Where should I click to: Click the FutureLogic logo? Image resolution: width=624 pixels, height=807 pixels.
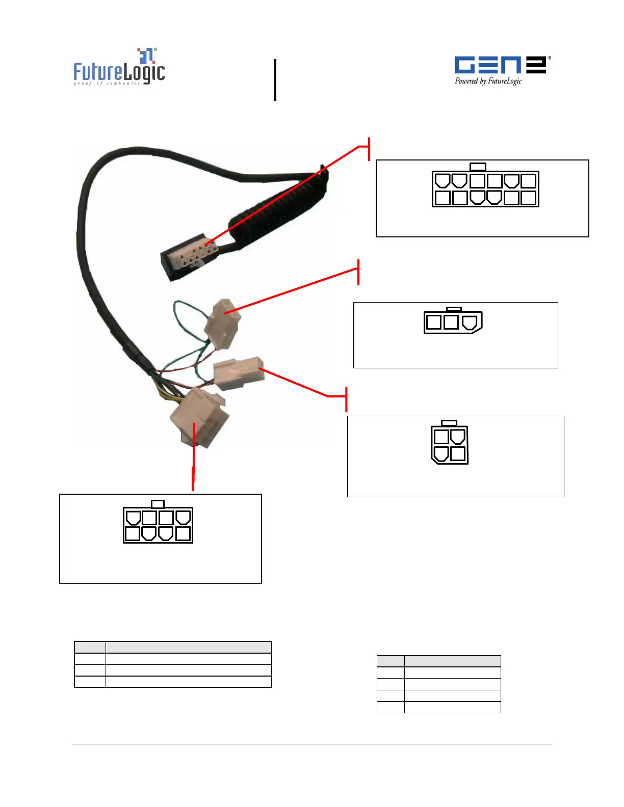119,68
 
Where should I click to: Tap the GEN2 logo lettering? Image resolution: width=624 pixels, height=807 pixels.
500,65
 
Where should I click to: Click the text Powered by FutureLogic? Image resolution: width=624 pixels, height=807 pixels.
488,81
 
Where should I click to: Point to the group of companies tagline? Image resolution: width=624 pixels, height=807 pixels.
107,83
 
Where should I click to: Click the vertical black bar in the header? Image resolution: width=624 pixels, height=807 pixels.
275,80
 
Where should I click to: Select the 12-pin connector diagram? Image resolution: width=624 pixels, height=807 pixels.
485,189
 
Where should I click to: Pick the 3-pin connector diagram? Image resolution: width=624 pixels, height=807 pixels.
453,322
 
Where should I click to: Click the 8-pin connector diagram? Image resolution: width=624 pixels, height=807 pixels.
158,525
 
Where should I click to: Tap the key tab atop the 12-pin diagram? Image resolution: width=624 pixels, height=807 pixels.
478,167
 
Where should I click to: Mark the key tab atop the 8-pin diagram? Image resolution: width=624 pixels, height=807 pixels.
158,504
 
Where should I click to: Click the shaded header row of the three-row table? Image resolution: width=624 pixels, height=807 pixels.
173,647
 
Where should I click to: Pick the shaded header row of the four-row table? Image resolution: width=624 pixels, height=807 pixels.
438,661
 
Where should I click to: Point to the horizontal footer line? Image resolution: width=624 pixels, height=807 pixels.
311,744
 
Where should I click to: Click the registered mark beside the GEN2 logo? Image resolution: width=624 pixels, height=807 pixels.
549,58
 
